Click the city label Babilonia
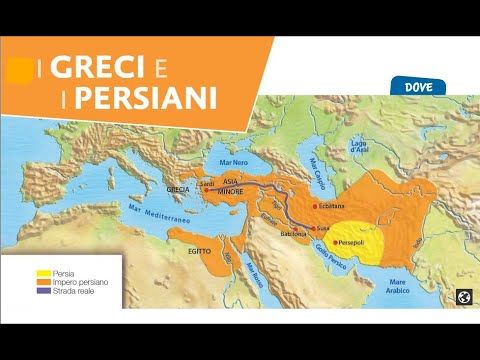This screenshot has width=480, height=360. tap(280, 235)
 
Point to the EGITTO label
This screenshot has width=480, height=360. tap(199, 251)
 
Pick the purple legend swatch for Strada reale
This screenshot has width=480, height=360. tap(44, 291)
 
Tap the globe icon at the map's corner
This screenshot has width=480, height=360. tap(462, 296)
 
